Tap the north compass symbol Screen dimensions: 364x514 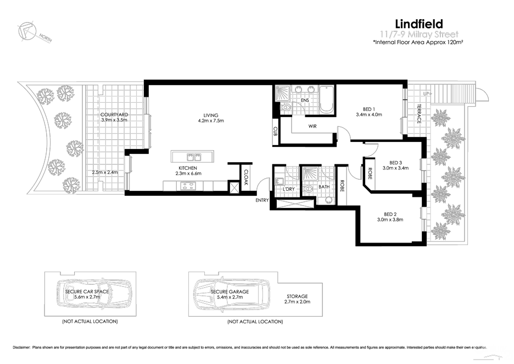28,32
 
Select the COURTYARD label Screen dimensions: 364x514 114,114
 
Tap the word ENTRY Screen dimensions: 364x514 262,200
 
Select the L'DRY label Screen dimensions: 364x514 289,189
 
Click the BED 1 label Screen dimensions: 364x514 369,109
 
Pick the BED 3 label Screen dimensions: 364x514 395,162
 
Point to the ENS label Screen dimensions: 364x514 305,101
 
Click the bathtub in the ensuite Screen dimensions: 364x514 326,99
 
